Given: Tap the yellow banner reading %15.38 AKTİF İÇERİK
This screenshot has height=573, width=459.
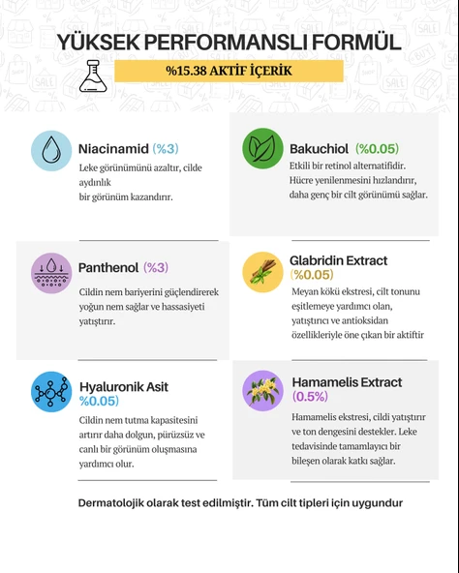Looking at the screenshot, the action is [229, 72].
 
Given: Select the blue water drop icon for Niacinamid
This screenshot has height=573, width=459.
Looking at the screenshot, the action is [51, 151].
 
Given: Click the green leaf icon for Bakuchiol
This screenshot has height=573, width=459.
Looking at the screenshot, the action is [261, 148].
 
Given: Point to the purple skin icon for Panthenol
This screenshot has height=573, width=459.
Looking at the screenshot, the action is [51, 273].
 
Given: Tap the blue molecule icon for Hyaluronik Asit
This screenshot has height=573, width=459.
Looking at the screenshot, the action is [51, 391].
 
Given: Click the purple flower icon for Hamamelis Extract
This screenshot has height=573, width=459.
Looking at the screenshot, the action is [261, 390].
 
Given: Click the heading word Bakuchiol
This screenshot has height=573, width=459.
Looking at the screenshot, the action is [320, 148].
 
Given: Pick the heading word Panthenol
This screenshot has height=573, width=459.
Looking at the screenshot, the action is [107, 267].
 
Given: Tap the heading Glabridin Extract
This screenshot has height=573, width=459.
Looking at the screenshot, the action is [338, 260].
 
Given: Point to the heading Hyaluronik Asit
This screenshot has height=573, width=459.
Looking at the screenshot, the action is [123, 386].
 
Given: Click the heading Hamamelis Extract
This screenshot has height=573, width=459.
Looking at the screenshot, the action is [346, 382].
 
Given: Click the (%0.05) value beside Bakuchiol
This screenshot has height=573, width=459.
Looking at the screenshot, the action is [377, 148].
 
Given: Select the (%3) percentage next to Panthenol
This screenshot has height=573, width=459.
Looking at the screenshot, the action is [156, 267].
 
